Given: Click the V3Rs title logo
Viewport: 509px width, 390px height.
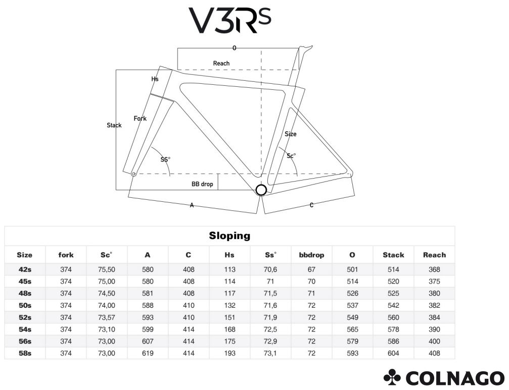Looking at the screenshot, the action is click(230, 20).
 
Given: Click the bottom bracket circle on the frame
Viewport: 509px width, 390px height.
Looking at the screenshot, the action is click(261, 190).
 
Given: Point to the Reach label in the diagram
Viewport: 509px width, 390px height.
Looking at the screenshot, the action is click(221, 63).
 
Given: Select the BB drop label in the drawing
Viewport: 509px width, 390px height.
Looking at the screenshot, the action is click(202, 184).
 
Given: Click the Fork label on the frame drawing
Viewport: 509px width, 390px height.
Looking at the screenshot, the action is click(140, 118).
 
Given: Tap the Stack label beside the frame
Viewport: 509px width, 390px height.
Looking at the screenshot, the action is click(114, 125).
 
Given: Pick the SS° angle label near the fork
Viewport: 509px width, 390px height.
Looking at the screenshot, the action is click(165, 159).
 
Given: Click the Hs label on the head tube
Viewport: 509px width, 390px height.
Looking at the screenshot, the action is click(155, 79).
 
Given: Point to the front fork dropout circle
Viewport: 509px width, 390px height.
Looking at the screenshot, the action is click(133, 174).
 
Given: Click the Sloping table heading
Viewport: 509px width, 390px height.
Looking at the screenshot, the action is click(229, 236).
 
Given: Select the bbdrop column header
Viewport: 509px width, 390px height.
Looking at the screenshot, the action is click(311, 255).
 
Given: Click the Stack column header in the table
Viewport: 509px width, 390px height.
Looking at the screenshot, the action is click(393, 255).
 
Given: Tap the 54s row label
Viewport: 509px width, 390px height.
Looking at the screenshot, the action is click(25, 329).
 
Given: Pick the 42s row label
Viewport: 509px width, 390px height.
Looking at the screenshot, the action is click(25, 269).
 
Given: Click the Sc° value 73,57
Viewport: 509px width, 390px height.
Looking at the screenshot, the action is click(107, 317).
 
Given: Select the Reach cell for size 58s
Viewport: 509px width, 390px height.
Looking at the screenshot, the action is click(434, 353).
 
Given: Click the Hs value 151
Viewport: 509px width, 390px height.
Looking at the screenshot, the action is click(229, 317).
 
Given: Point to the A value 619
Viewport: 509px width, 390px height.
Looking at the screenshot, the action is click(148, 353).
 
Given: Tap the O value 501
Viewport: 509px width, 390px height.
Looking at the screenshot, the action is click(352, 269).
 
